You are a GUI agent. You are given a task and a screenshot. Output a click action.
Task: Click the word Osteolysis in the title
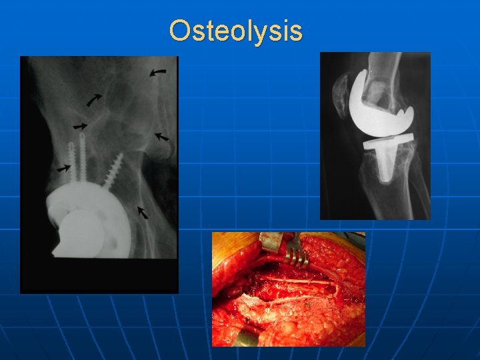(235, 31)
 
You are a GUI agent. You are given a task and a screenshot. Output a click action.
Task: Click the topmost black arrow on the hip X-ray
(158, 71)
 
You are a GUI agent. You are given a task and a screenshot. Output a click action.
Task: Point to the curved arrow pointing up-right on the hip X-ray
(95, 101)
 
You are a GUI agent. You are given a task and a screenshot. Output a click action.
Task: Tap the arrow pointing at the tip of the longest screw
(80, 125)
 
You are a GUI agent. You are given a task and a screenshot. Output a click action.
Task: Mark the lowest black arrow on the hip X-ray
(143, 212)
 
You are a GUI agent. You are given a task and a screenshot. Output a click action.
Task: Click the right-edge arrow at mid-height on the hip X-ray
(161, 137)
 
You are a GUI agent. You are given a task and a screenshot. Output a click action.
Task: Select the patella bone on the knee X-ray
(340, 93)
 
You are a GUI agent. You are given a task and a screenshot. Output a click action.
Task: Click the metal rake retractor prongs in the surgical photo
(293, 250)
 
